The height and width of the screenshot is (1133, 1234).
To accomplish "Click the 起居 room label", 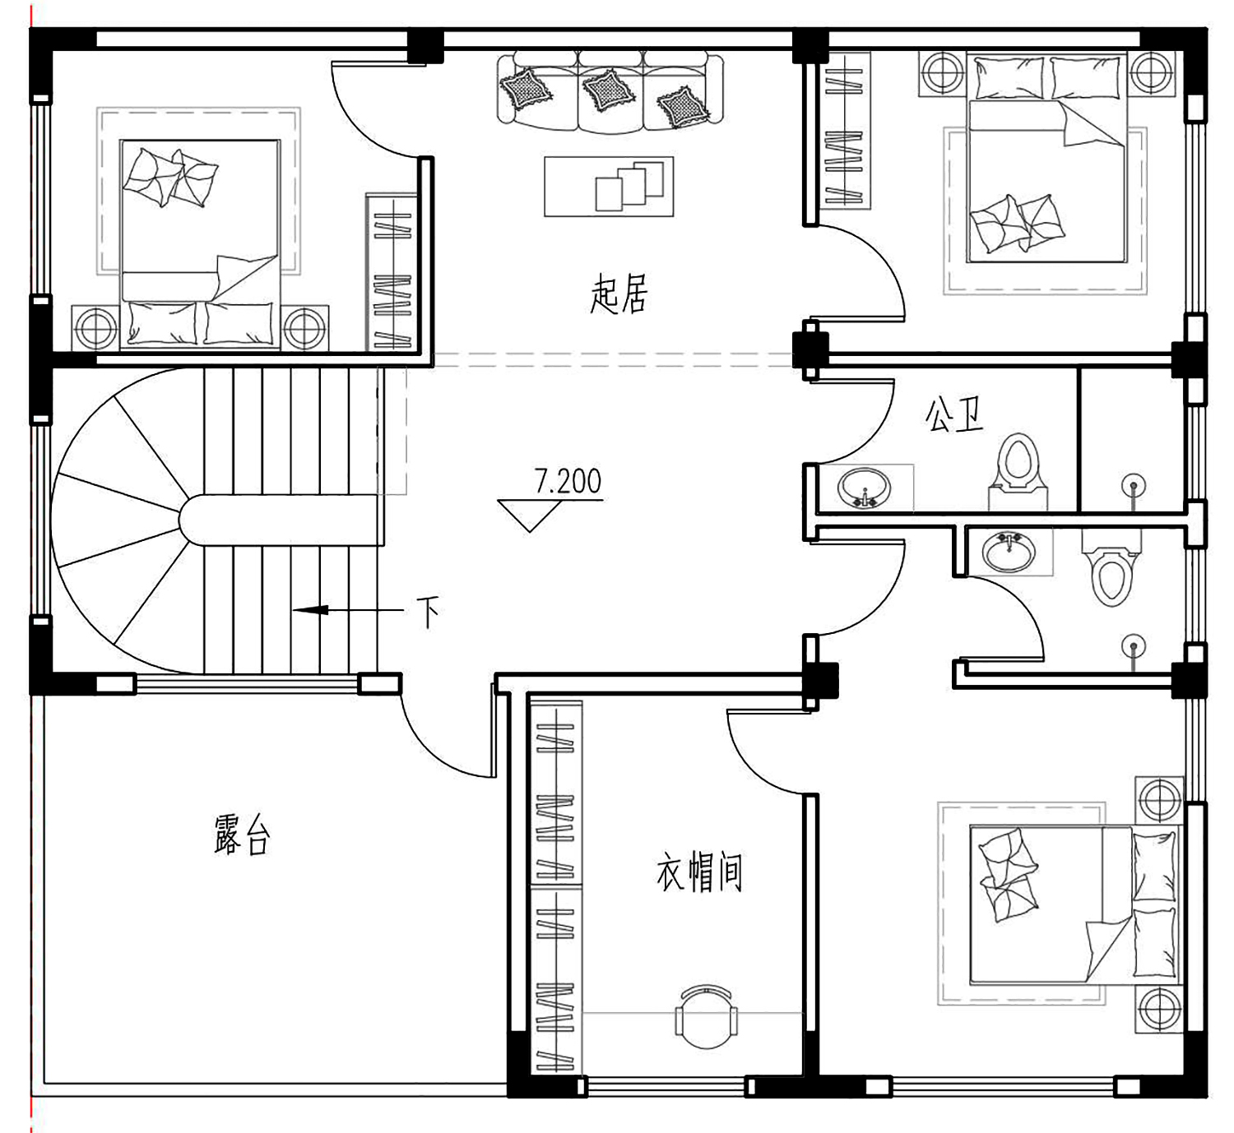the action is (x=618, y=294).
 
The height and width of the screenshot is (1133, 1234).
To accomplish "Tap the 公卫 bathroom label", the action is (x=954, y=414).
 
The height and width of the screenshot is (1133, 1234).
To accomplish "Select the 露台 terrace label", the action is (x=242, y=835).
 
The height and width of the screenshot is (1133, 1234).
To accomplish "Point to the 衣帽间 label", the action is (x=699, y=872).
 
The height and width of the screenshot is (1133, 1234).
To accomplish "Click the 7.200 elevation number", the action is (x=567, y=481).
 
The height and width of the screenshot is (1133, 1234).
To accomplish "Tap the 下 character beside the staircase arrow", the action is (x=428, y=612).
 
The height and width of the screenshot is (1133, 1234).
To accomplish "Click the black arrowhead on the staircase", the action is (x=310, y=610).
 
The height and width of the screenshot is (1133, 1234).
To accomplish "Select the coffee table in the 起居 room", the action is (x=609, y=187).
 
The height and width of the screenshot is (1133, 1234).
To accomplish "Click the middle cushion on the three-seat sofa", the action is (x=608, y=90).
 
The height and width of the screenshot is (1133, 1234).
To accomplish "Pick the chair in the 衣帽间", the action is (x=706, y=1018).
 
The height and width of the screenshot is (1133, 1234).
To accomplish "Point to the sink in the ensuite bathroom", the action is (x=1009, y=552).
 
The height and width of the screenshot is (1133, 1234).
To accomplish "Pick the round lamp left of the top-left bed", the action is (x=95, y=328).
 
